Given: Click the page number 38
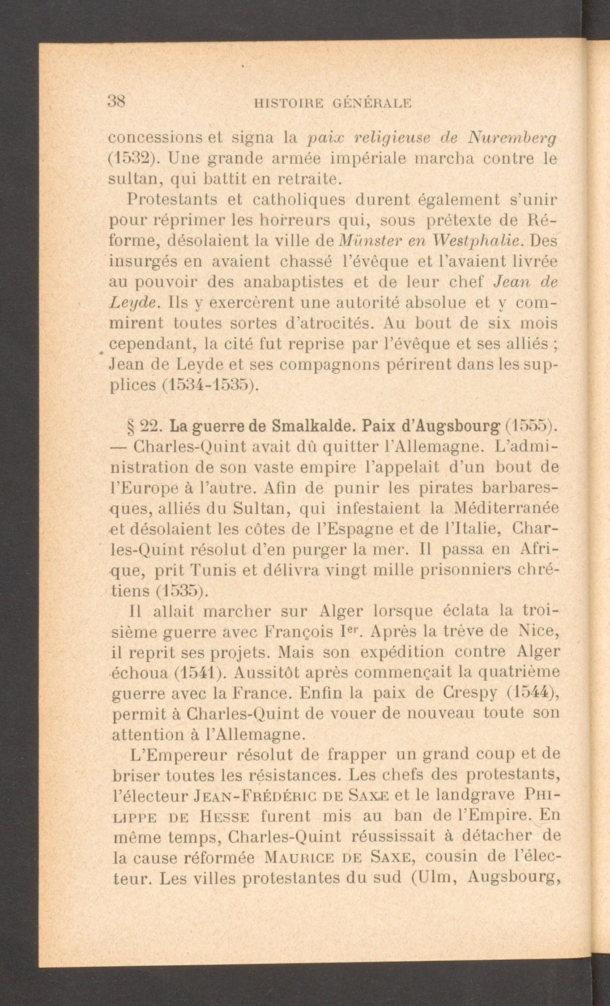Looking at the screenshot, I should (x=117, y=101).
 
